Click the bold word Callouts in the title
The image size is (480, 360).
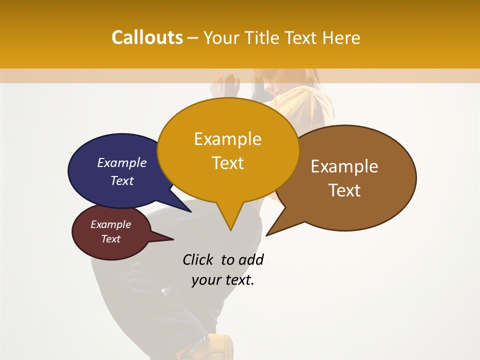147,37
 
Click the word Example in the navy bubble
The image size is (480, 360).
122,163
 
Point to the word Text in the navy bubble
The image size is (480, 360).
122,180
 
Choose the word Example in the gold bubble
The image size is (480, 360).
227,139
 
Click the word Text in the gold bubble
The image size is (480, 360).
228,163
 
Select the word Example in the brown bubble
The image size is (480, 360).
344,166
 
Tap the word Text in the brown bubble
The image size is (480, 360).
345,190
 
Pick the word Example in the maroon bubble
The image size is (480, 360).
111,224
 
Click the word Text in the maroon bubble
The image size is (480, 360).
111,239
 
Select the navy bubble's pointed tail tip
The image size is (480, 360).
190,211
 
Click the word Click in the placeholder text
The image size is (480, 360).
197,260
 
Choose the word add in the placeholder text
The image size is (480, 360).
250,260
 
